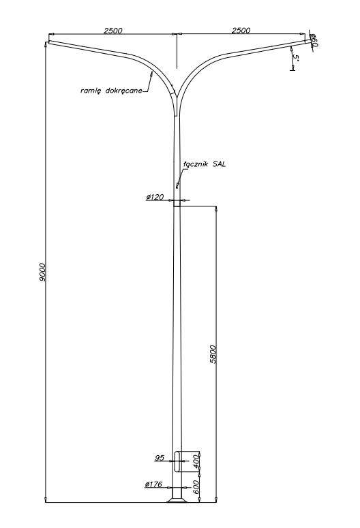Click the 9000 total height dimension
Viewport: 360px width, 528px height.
(42, 272)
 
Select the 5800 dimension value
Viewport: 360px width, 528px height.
(213, 354)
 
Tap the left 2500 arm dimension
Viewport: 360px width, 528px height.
(113, 30)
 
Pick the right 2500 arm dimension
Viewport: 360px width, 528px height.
(241, 30)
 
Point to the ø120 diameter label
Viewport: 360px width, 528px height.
(155, 197)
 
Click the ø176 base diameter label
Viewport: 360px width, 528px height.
(153, 484)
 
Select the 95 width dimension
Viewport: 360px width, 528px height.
(160, 458)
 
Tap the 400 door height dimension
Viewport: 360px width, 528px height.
(196, 461)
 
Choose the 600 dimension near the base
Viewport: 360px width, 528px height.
(196, 487)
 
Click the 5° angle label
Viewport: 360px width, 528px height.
(296, 58)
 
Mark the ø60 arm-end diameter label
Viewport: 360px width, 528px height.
(314, 40)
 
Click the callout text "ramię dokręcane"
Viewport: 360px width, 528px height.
(111, 91)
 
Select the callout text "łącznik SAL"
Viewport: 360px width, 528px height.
(205, 164)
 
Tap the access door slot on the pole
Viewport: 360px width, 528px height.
(177, 461)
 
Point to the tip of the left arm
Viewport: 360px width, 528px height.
(48, 43)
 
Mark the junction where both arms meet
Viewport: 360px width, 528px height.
(177, 101)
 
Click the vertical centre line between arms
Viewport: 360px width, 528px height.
(177, 50)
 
